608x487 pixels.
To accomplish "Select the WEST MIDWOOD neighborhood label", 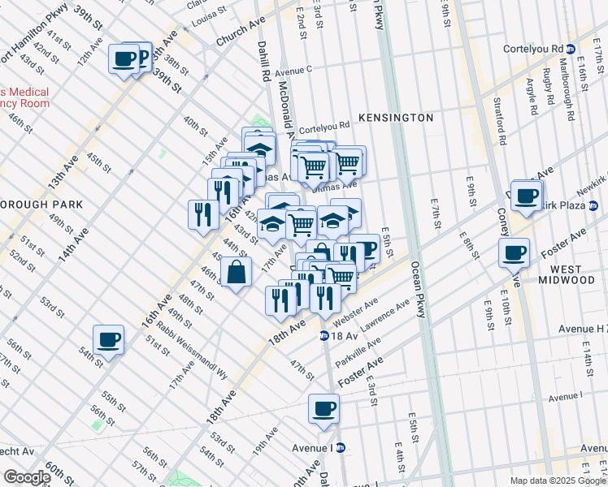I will pos(571,274).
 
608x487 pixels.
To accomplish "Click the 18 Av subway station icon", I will pos(324,335).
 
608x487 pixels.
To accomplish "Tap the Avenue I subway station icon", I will pos(341,447).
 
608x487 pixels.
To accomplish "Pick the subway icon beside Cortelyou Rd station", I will pos(571,50).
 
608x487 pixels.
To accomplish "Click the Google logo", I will pos(26,477).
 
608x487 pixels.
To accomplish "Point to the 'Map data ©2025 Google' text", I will pos(557,481).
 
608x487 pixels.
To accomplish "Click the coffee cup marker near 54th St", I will pos(108,340).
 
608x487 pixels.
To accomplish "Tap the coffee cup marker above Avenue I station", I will pos(324,408).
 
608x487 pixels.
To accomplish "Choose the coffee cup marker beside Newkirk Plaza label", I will pos(527,196).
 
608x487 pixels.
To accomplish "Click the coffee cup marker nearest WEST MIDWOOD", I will pos(514,253).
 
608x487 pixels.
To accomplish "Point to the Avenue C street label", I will pos(294,71).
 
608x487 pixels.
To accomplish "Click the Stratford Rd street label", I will pos(500,121).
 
